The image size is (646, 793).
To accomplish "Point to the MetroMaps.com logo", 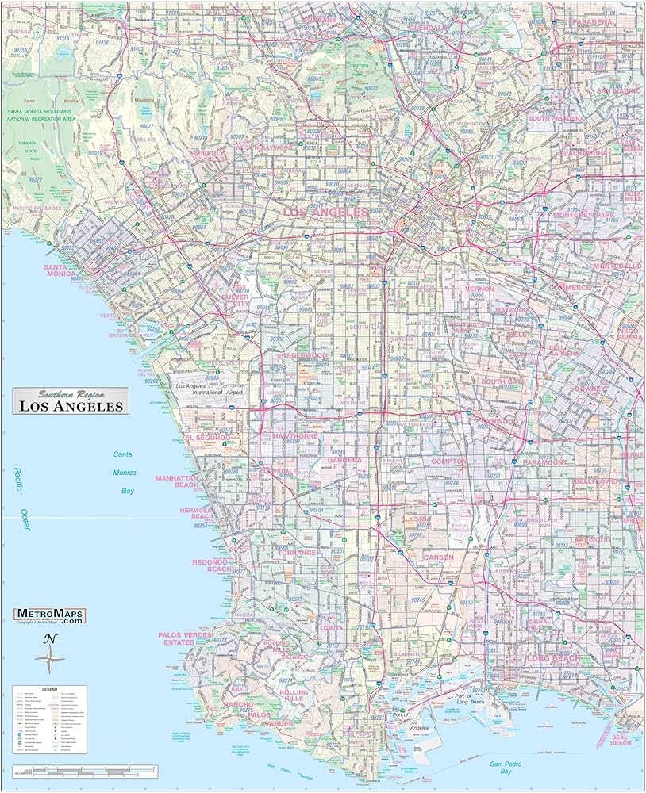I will (x=49, y=616).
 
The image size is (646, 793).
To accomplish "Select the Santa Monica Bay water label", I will (x=124, y=472).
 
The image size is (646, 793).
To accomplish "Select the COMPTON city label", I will (x=449, y=462).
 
